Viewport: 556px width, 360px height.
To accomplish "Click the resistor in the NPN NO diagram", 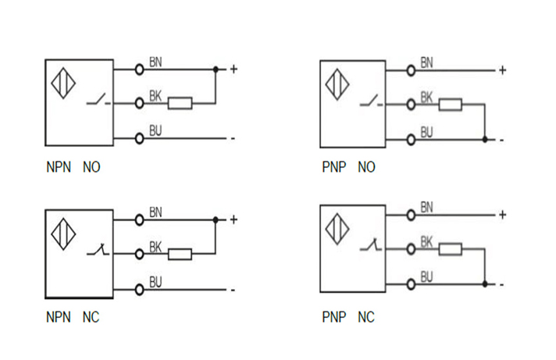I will pos(180,102).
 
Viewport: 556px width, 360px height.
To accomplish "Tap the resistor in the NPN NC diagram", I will pos(180,253).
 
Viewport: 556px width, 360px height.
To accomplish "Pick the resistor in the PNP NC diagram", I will pos(450,249).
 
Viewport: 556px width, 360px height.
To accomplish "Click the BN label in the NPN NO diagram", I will pos(155,62).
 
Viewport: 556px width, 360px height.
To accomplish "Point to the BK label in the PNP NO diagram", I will pos(427,97).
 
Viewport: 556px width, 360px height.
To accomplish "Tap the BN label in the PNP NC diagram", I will pos(427,207).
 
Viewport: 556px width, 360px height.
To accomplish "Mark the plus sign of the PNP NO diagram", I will pos(502,70).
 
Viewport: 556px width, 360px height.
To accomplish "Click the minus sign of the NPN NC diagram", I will pos(232,290).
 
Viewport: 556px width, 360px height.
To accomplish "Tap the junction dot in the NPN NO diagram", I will pos(216,69).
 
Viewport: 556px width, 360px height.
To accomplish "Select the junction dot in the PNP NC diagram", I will pos(485,283).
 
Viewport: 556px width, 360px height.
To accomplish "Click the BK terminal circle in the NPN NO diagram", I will pos(140,102).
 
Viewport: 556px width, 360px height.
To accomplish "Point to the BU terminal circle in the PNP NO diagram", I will pos(411,140).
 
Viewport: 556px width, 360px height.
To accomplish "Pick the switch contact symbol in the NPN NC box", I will pos(98,250).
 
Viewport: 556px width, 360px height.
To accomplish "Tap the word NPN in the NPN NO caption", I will pos(58,167).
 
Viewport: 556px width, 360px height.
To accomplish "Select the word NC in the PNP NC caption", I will pos(366,318).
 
